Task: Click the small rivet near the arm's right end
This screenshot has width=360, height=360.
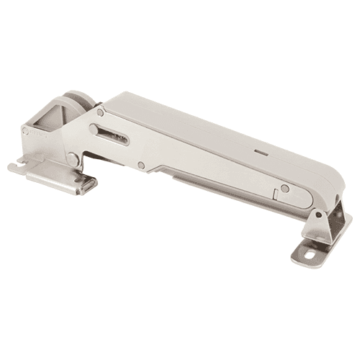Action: point(285,189)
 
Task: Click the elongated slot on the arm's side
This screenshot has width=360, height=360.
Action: point(109,134)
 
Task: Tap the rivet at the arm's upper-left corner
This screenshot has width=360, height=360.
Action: point(101,112)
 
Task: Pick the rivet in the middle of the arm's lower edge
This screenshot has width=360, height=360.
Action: point(141,166)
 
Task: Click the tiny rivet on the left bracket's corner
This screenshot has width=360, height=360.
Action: point(26,132)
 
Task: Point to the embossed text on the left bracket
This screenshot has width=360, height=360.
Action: point(40,134)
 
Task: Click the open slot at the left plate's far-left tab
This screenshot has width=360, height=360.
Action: point(16,166)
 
